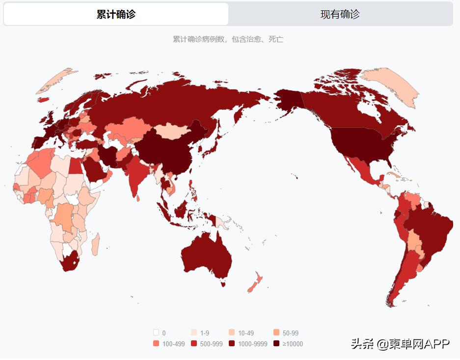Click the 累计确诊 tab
tap(116, 14)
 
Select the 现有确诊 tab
tap(340, 14)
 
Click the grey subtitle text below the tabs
tap(228, 39)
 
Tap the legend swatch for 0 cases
tap(156, 332)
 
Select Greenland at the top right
tap(390, 86)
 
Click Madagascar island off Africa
tap(95, 244)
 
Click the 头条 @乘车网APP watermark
tap(400, 344)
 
